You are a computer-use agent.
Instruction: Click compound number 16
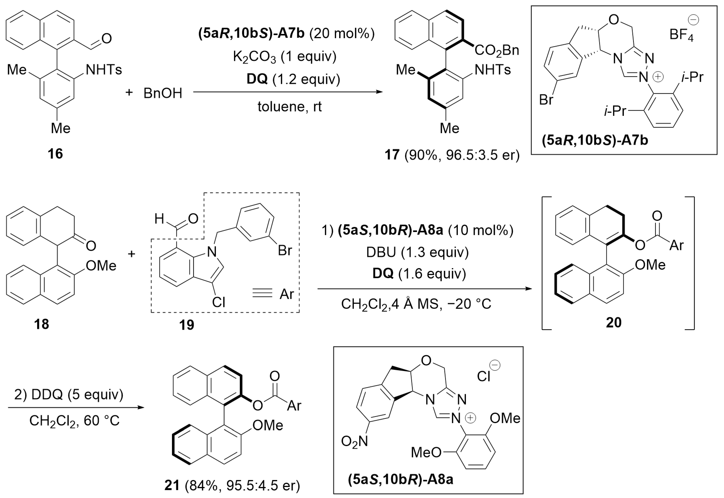[55, 154]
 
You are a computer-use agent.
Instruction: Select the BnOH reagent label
[163, 93]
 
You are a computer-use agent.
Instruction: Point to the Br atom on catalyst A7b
[546, 100]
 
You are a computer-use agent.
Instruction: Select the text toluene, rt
[289, 107]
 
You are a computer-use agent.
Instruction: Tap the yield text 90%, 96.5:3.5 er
[462, 155]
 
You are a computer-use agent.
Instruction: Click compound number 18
[41, 324]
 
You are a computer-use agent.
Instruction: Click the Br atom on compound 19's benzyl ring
[285, 250]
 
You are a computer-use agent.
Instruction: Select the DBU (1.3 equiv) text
[417, 252]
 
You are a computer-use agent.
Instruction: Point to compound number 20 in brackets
[613, 323]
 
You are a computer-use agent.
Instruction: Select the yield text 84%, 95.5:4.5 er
[242, 485]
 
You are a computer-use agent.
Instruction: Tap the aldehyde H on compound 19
[159, 219]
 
